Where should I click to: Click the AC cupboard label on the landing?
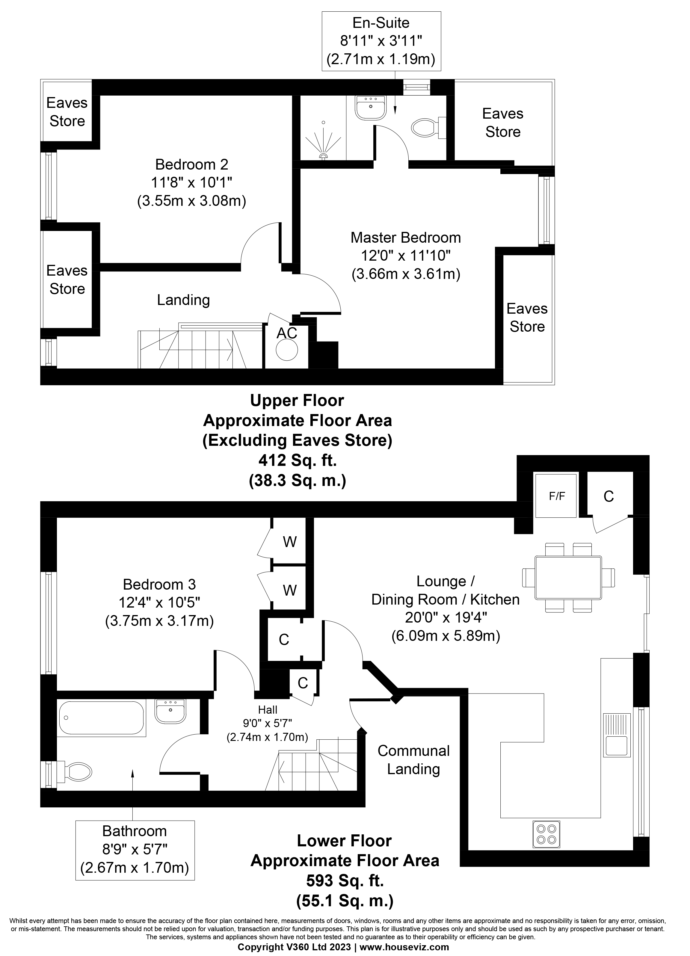click(x=287, y=333)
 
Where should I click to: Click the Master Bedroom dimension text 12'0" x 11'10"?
click(x=405, y=256)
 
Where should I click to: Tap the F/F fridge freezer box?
click(x=556, y=496)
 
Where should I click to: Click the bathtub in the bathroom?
click(x=101, y=718)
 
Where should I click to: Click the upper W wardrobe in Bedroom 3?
click(x=290, y=542)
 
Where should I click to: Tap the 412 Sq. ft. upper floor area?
click(x=297, y=461)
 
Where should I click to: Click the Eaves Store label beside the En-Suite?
click(x=502, y=123)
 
